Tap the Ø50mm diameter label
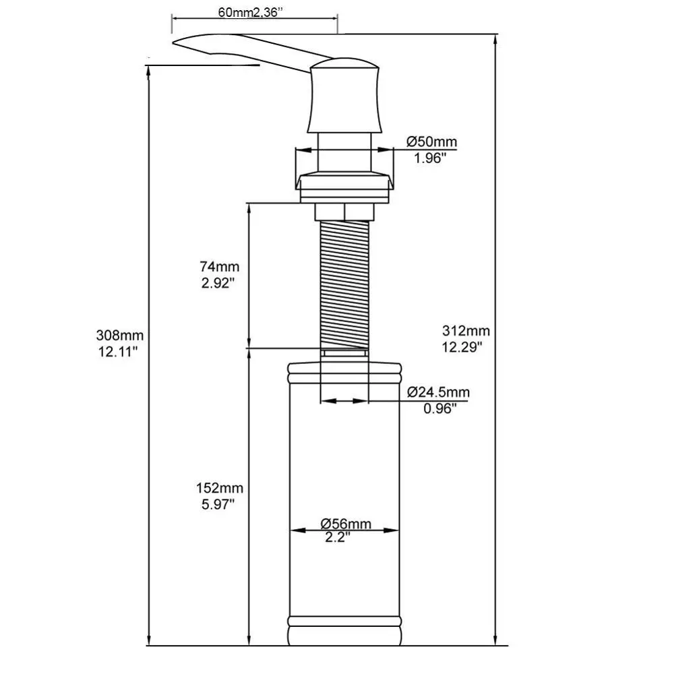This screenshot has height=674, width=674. pos(431,142)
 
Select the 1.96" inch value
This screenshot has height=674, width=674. pos(430,158)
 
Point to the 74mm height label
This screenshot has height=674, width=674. pos(220,266)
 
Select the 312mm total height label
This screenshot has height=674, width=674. pos(466,331)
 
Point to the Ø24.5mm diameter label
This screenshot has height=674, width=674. pos(438,392)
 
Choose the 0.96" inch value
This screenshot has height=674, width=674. pos(439,408)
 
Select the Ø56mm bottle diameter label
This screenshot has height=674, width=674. pos(345,524)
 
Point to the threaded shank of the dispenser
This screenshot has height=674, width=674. pos(344,283)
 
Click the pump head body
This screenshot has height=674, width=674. pos(345,98)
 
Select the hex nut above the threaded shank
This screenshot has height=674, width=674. pos(344,212)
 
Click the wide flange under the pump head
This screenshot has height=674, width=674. pos(344,183)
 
